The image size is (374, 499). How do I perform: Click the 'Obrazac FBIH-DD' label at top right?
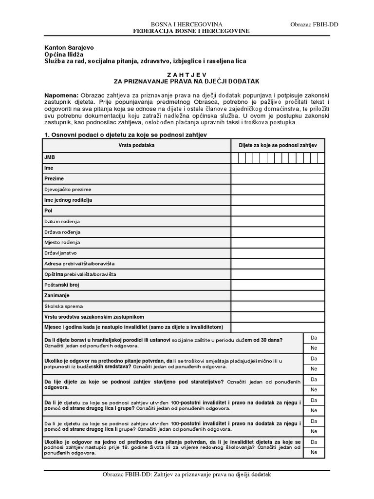[x=314, y=24]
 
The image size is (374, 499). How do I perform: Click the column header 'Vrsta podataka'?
[x=136, y=145]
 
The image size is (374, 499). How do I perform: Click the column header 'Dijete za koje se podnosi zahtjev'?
[x=278, y=145]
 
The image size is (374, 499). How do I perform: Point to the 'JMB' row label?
[x=49, y=157]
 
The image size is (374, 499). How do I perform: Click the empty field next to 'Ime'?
[x=278, y=168]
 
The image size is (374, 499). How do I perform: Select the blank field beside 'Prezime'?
[x=278, y=179]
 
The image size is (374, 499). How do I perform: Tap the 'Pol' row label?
[x=48, y=211]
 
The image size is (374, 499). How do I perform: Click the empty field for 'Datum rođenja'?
[x=278, y=221]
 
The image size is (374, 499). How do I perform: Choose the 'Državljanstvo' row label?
[x=60, y=253]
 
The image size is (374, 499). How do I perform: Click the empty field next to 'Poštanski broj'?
[x=278, y=285]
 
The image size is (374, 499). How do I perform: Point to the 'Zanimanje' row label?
[x=57, y=296]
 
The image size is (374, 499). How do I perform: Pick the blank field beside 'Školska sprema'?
[x=278, y=307]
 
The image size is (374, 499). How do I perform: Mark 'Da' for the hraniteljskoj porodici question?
[x=314, y=337]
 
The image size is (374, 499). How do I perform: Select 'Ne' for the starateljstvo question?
[x=314, y=390]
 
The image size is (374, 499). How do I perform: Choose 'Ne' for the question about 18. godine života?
[x=314, y=453]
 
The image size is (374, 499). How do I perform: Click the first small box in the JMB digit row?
[x=235, y=157]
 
